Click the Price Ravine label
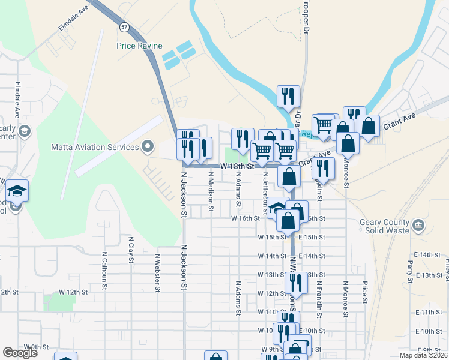139,46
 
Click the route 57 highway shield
124,28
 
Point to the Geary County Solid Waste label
385,226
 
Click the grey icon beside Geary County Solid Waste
419,226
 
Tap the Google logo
20,353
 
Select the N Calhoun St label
104,270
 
